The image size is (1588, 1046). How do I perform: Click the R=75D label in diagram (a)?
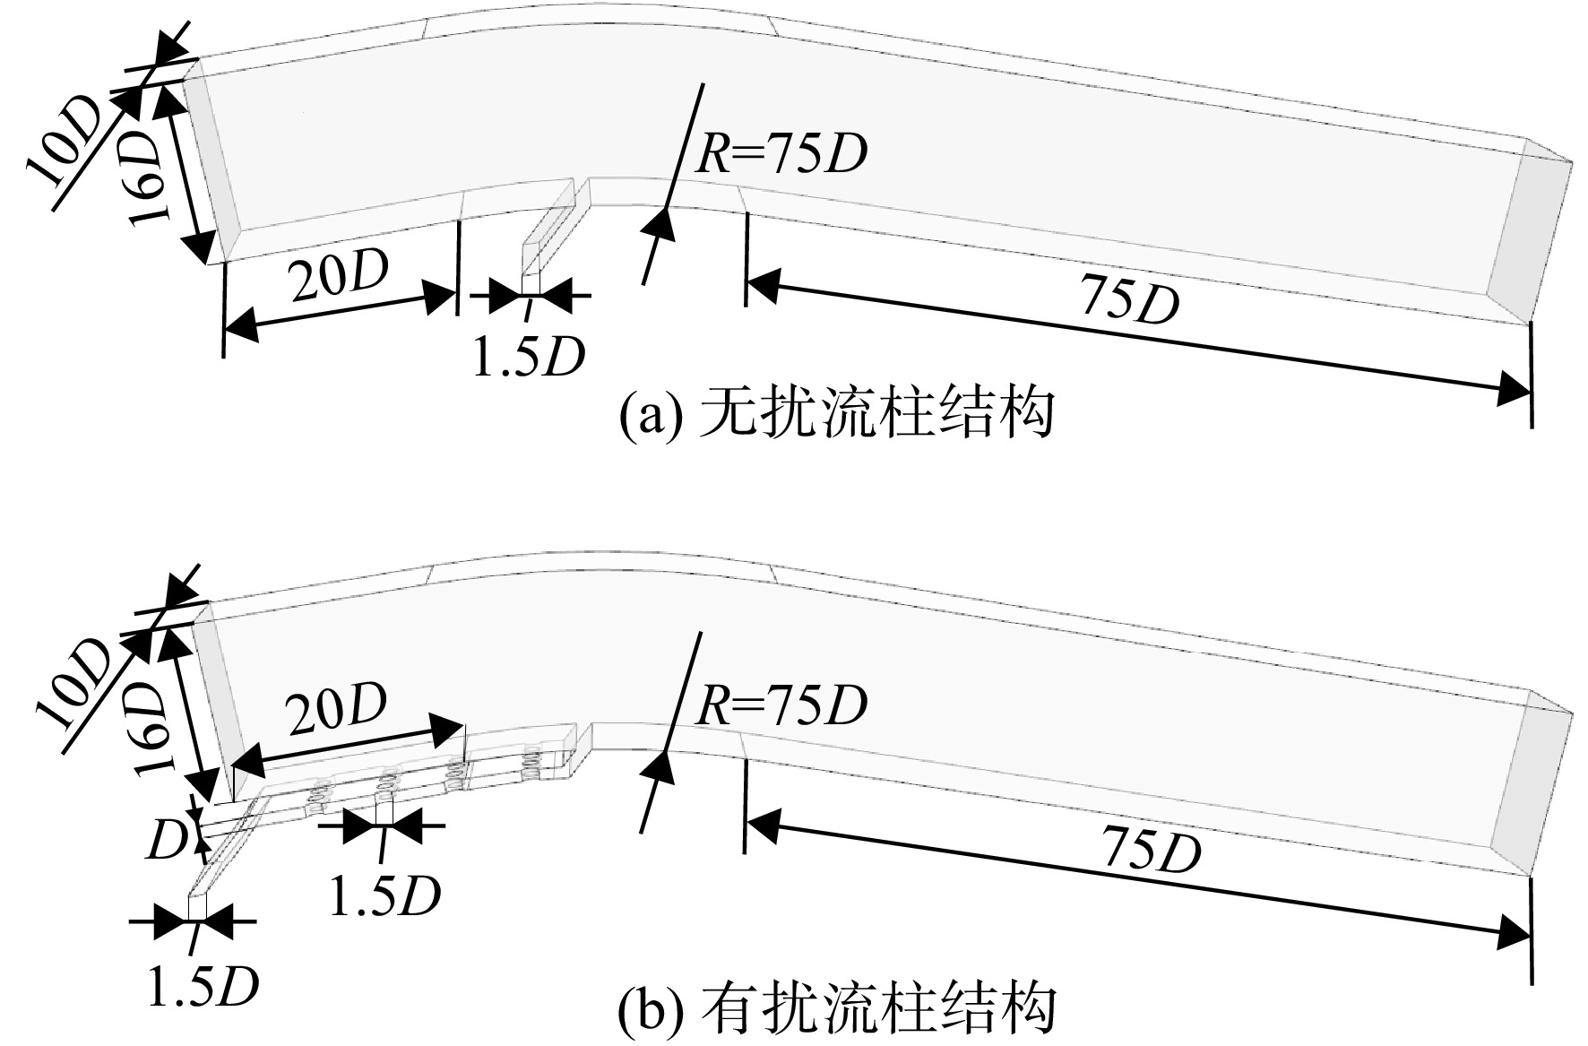click(781, 154)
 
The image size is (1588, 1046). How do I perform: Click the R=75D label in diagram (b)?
click(781, 705)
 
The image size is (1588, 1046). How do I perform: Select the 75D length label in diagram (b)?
click(1151, 849)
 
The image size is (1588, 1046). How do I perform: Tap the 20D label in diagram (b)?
click(337, 708)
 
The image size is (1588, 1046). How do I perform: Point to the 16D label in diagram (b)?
click(149, 722)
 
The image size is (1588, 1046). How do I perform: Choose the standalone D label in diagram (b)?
click(166, 841)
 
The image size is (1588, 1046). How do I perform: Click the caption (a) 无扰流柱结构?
click(836, 414)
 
